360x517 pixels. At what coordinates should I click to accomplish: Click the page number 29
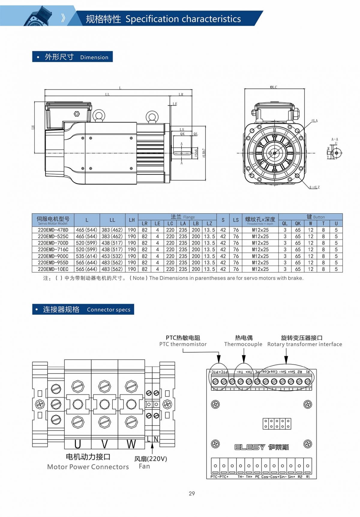(192, 493)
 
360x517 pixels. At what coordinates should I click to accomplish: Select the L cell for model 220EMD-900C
(87, 256)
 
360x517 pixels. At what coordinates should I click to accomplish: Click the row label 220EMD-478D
(53, 230)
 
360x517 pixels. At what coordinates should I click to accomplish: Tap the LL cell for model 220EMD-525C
(112, 236)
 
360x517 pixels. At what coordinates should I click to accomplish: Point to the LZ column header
(209, 224)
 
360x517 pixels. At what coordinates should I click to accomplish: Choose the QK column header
(298, 224)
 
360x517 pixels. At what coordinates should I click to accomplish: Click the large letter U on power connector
(77, 444)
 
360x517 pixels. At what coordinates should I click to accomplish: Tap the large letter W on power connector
(131, 444)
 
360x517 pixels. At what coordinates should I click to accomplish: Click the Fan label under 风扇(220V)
(144, 466)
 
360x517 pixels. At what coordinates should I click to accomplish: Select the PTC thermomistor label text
(183, 344)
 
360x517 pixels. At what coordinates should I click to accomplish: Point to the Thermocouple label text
(243, 344)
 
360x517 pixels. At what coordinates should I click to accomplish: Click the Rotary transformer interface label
(304, 344)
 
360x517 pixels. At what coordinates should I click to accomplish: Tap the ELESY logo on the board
(250, 447)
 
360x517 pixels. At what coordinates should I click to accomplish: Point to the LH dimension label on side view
(33, 127)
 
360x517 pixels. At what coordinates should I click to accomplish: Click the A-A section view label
(334, 140)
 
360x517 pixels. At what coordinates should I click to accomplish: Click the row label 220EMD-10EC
(53, 269)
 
